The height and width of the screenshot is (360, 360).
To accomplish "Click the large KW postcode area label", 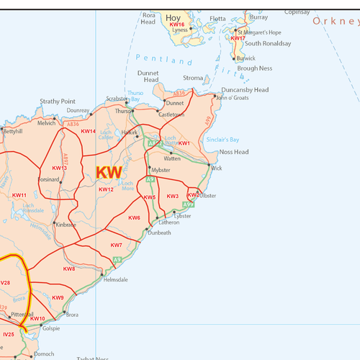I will tap(109, 172).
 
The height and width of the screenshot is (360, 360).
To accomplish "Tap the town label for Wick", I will tap(217, 168).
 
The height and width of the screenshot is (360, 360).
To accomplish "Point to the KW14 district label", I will tap(88, 131).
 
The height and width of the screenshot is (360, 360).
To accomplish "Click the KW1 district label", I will tap(184, 143).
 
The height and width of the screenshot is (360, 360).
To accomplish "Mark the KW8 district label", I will tap(69, 269).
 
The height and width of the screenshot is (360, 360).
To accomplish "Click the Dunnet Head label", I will tap(147, 76).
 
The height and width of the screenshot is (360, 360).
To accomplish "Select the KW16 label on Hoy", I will tap(177, 24).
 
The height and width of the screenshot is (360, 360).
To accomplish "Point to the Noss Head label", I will tap(234, 152).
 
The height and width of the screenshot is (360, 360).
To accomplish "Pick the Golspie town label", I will tap(51, 328).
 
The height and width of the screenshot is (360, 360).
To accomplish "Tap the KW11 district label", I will tap(19, 195).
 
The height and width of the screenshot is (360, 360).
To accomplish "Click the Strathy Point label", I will tap(58, 102).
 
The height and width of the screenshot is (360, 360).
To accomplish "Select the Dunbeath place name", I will tap(159, 233).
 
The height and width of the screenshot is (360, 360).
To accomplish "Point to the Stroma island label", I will tap(193, 78).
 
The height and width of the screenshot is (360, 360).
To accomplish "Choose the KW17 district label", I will tap(238, 38).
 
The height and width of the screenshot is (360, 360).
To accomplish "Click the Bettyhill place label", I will tap(13, 132).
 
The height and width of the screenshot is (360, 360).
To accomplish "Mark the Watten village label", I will tap(172, 158).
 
